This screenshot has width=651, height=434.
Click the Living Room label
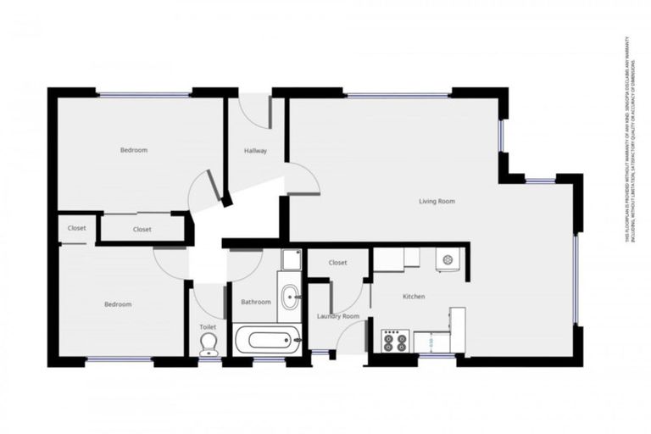[437, 202]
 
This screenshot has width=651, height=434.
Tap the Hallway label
[255, 151]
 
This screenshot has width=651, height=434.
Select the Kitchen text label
[414, 297]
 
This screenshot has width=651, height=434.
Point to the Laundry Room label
[338, 316]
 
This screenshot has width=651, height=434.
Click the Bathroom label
[255, 302]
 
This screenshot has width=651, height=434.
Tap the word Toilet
[208, 325]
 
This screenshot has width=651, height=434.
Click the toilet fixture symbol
[208, 343]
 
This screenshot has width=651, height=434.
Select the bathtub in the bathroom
[267, 341]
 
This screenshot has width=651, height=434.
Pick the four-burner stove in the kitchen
[395, 341]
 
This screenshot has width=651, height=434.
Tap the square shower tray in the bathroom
[291, 259]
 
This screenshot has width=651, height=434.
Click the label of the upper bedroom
[133, 150]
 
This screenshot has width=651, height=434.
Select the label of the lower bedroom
[118, 304]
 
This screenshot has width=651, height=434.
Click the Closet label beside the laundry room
[337, 263]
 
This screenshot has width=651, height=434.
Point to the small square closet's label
[76, 228]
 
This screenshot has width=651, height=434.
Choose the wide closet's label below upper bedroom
[142, 229]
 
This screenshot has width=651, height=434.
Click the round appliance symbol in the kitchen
[448, 258]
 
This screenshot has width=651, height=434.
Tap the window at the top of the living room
[397, 95]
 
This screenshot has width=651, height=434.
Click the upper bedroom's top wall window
[143, 94]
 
